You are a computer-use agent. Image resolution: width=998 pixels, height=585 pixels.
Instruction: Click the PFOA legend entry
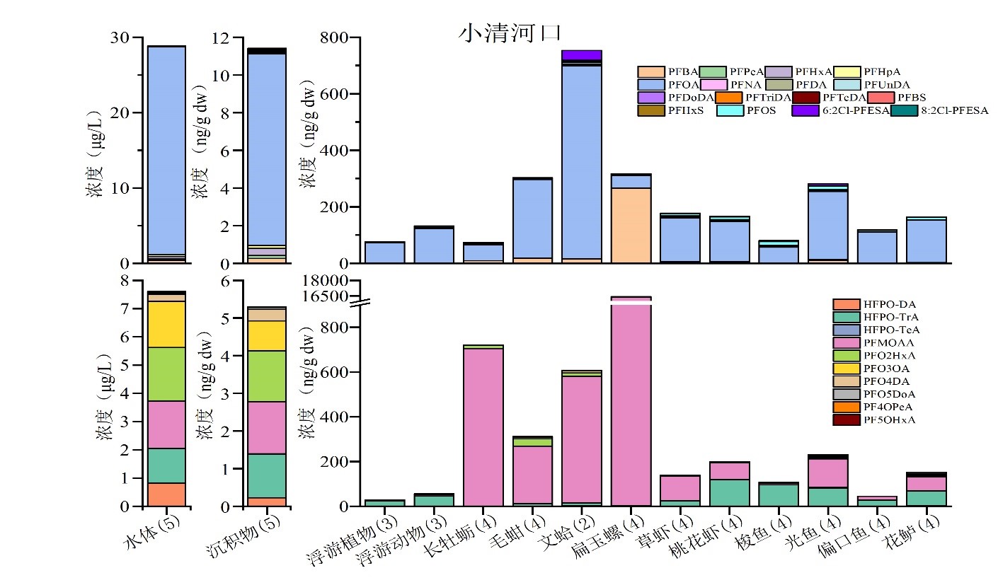tap(666, 84)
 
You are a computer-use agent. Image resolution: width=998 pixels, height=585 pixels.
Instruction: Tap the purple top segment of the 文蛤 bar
tap(582, 55)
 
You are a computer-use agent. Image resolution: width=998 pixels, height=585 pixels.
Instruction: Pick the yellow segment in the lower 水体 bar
tap(166, 324)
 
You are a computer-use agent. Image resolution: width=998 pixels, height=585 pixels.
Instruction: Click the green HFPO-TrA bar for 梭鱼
tap(779, 495)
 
